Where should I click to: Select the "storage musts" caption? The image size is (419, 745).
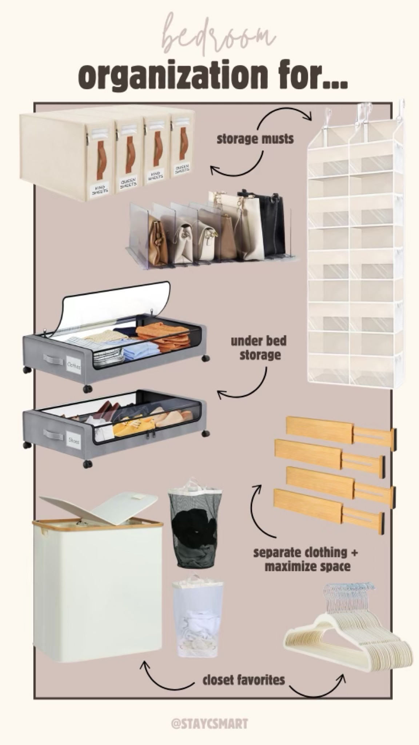[255, 139]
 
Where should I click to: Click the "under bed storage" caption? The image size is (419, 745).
[259, 348]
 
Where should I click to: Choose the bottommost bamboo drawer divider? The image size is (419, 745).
[327, 513]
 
